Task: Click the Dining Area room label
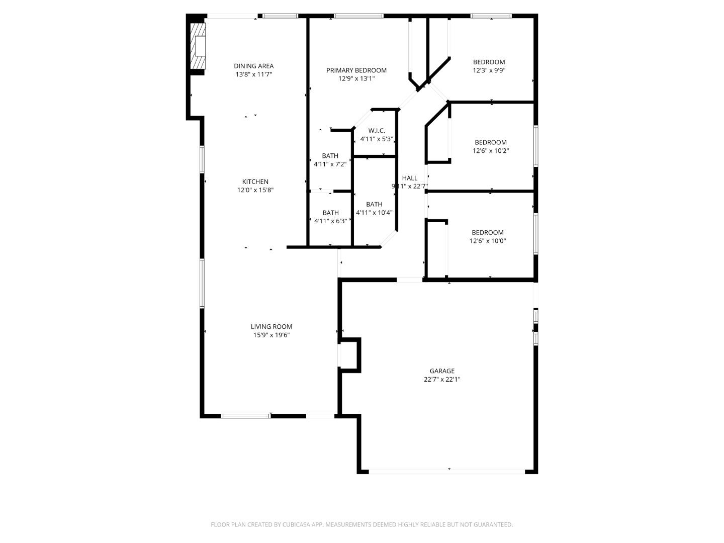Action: pos(253,66)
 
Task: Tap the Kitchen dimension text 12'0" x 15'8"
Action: pos(255,190)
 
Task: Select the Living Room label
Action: pos(271,326)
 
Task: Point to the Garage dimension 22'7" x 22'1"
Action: pos(441,380)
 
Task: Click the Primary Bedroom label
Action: pos(356,70)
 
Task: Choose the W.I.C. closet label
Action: pos(376,131)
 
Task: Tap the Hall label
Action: pos(409,178)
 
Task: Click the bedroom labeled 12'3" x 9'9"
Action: pos(489,66)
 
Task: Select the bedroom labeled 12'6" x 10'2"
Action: pos(490,146)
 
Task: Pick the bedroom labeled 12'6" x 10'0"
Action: pos(487,236)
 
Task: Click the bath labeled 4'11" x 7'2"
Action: pos(330,159)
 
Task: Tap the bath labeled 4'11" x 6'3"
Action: pos(330,217)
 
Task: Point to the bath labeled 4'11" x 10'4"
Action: pos(374,208)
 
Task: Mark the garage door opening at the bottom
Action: pos(446,471)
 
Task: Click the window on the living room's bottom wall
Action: pos(246,416)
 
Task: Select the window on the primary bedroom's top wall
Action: pos(358,16)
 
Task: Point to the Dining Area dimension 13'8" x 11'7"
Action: pos(253,74)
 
